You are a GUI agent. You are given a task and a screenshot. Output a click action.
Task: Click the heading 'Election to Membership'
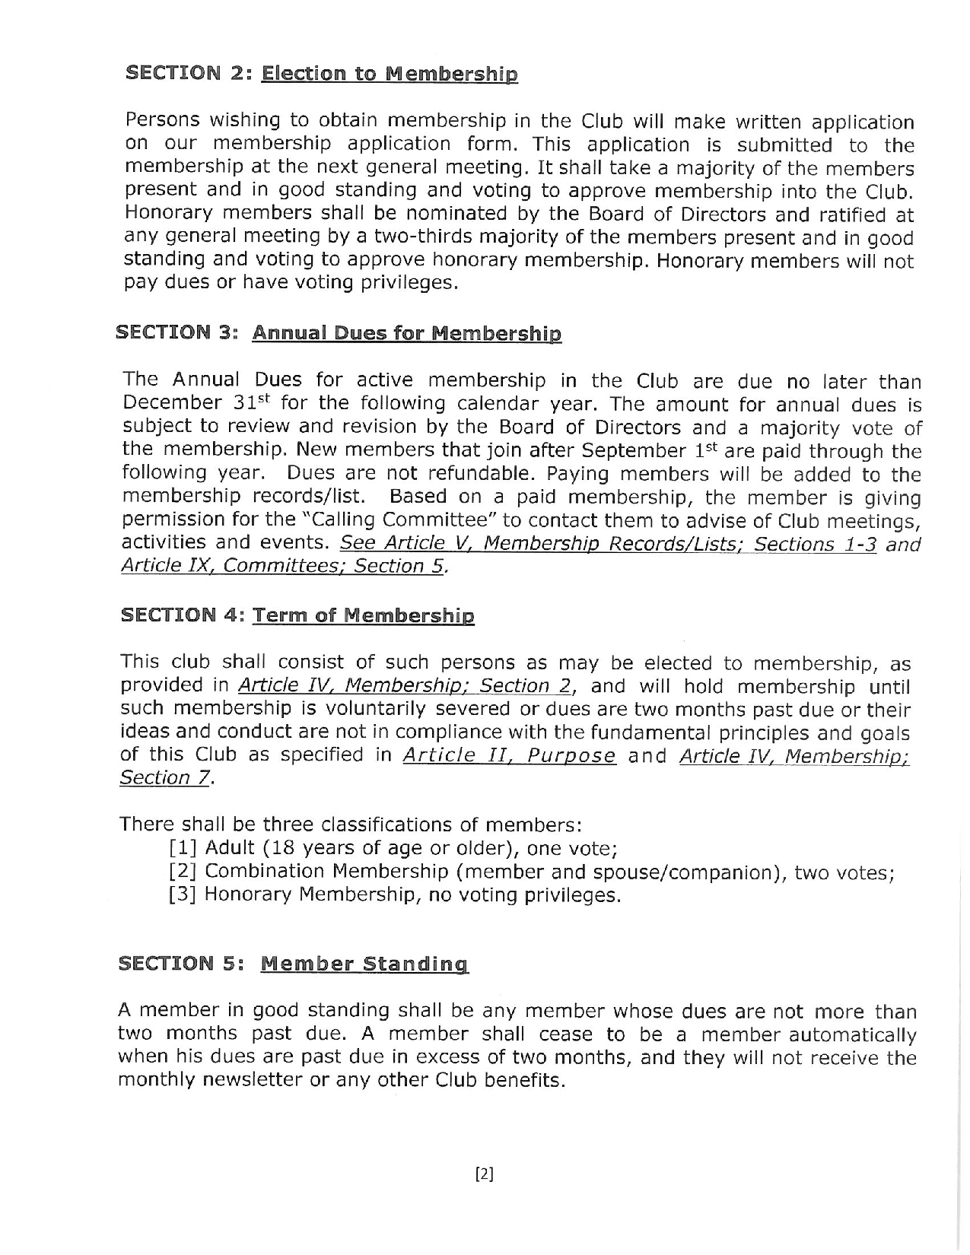tap(389, 75)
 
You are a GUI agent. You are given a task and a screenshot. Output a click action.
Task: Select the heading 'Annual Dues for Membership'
tap(406, 333)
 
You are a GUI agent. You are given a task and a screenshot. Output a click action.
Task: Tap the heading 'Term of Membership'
tap(363, 615)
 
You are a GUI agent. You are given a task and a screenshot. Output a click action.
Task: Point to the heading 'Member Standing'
tap(364, 964)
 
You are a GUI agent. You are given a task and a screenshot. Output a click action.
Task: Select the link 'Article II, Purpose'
tap(509, 755)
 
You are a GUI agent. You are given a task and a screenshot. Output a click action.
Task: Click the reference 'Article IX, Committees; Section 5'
tap(281, 567)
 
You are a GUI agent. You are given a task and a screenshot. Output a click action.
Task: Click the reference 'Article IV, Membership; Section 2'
tap(404, 686)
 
